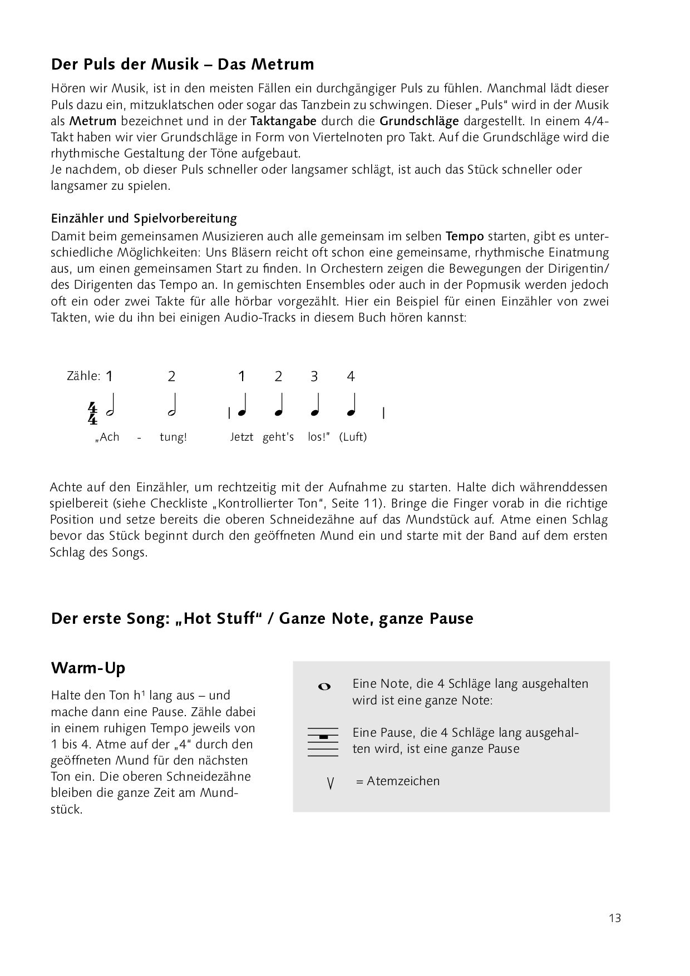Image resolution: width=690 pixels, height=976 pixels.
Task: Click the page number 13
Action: (x=614, y=918)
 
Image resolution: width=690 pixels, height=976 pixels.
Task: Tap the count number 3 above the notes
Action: (x=314, y=377)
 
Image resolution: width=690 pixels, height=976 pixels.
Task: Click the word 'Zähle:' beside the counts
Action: (x=83, y=376)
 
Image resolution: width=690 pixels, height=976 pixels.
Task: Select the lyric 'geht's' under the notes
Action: (x=278, y=437)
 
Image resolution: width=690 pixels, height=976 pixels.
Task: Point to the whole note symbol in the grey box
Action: (x=324, y=687)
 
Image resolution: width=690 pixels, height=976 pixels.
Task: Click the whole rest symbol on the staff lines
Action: (x=323, y=737)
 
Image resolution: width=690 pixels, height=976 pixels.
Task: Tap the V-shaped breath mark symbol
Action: (x=331, y=784)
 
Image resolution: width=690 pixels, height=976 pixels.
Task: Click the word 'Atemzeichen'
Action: (x=403, y=781)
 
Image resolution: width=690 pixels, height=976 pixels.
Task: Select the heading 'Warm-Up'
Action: (x=88, y=667)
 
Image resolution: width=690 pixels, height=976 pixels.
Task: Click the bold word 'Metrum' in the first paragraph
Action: (x=93, y=121)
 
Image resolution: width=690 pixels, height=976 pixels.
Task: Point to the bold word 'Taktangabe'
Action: (x=283, y=121)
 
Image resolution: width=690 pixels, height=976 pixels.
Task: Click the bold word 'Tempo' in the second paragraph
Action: (x=465, y=236)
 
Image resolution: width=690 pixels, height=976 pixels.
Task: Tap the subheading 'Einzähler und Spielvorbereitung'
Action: (x=144, y=218)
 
